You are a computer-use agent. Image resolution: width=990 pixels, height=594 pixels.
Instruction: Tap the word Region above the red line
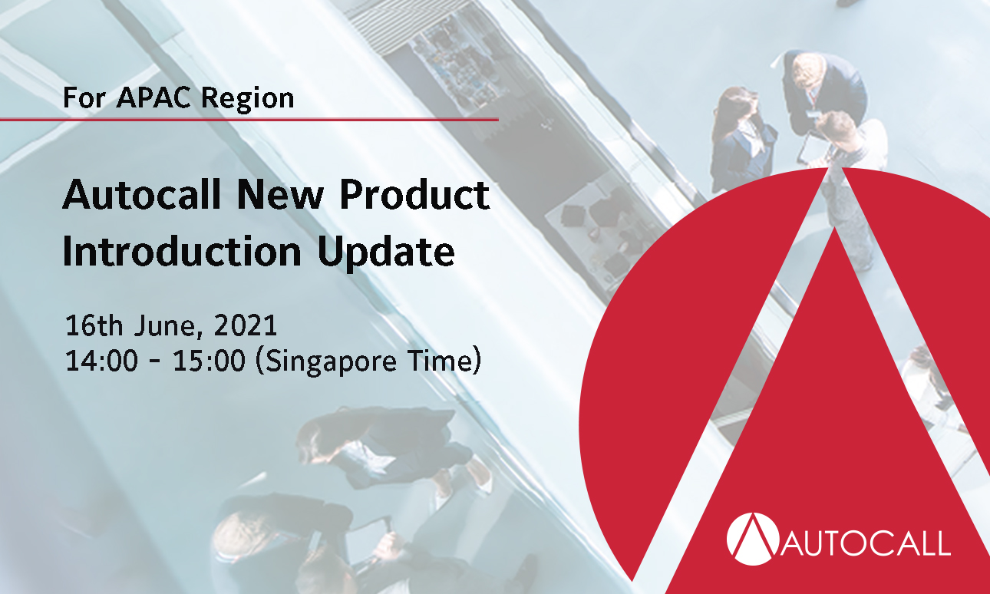(248, 99)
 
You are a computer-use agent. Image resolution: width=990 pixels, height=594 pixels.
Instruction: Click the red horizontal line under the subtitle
(249, 119)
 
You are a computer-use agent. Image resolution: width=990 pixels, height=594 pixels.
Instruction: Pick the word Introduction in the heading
(182, 251)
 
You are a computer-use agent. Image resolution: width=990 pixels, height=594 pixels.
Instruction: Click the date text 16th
(94, 325)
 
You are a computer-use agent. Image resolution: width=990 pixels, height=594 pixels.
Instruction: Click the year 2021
(246, 325)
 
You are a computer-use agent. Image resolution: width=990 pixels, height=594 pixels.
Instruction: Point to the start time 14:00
(101, 360)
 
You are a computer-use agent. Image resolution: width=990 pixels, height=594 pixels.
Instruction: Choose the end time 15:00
(209, 360)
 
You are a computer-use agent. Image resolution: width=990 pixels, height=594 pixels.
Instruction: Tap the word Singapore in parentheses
(331, 362)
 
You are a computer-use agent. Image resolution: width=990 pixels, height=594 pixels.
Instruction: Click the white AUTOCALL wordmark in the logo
(866, 543)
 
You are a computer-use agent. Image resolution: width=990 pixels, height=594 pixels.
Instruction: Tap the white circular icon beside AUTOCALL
(753, 539)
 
